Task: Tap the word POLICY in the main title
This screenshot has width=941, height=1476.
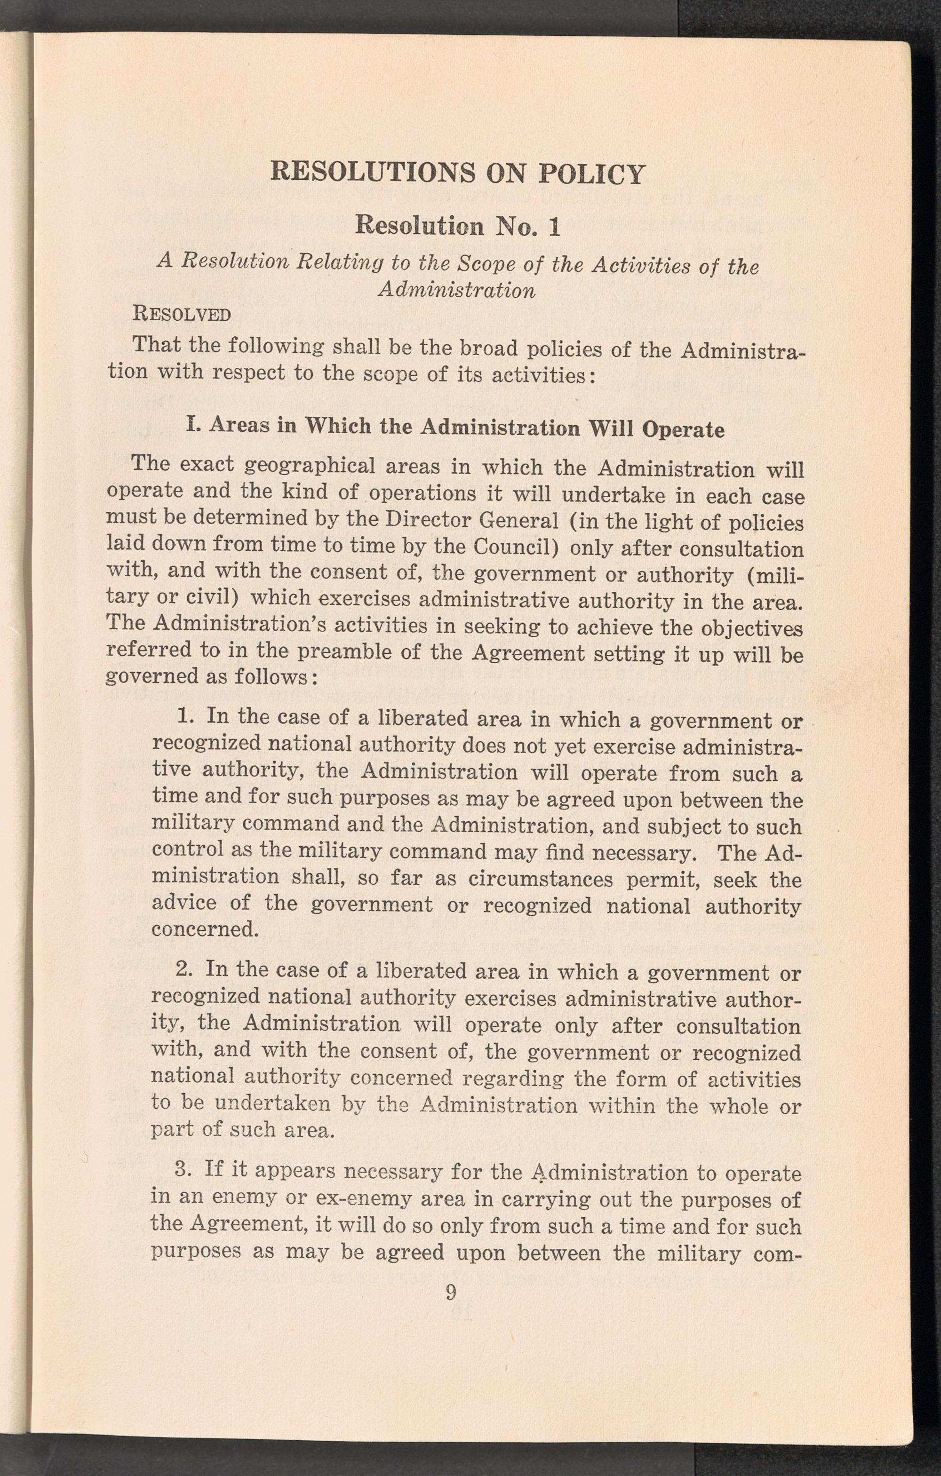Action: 591,174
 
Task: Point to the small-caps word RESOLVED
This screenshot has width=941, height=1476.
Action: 182,315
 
